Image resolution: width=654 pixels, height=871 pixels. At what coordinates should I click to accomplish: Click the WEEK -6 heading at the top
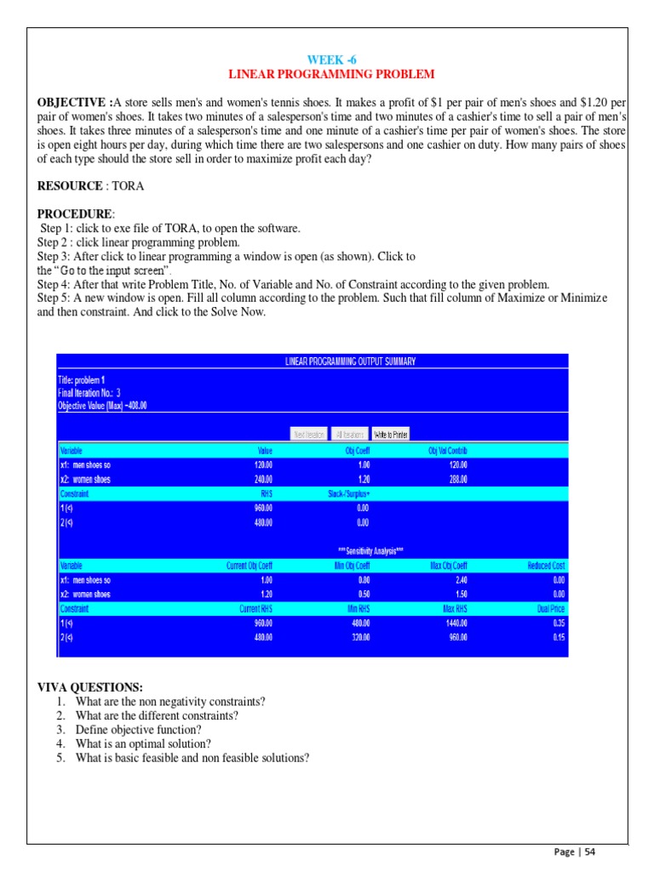(327, 59)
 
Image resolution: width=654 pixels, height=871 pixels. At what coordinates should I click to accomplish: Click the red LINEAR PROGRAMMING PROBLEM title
(327, 75)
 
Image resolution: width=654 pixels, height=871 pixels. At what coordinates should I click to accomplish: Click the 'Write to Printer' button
(391, 434)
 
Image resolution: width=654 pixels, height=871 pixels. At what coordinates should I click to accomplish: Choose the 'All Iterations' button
(350, 434)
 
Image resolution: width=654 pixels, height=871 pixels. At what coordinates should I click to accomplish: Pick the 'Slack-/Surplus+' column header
(349, 493)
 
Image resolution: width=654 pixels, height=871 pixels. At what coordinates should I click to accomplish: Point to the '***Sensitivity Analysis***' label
(370, 551)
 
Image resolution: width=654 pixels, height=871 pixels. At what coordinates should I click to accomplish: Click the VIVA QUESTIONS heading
(90, 687)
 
